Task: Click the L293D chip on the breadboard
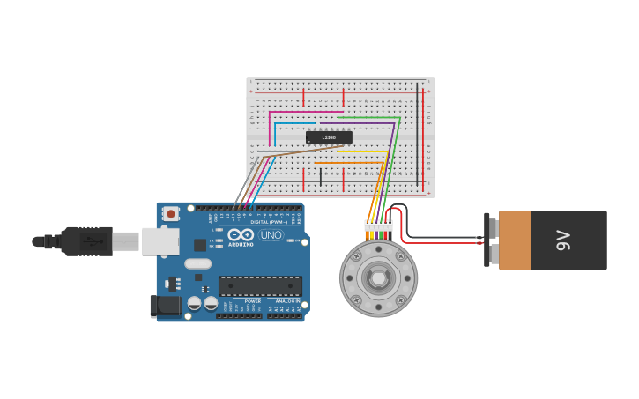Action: (x=329, y=137)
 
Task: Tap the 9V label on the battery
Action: (x=563, y=240)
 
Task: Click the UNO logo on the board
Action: (x=271, y=235)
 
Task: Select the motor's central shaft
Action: (x=379, y=278)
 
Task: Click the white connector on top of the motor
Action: (x=379, y=226)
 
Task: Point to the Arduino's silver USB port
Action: (x=160, y=240)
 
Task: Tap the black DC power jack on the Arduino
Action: (x=166, y=306)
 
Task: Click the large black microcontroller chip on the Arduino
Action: (x=260, y=286)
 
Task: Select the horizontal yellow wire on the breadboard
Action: (x=361, y=151)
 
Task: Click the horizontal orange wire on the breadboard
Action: (x=348, y=163)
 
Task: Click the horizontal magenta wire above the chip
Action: (x=305, y=112)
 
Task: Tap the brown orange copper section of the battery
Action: (x=515, y=240)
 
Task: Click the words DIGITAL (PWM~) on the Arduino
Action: (x=268, y=222)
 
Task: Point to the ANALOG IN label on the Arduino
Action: (x=286, y=301)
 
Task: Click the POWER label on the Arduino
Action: (x=252, y=301)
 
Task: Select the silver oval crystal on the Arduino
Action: (x=198, y=263)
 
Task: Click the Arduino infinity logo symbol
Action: (x=241, y=234)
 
